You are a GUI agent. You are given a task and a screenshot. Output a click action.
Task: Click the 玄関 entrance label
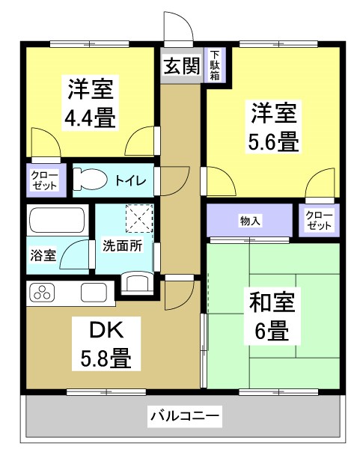point(182,66)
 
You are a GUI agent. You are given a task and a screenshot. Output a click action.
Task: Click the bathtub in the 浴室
point(56,222)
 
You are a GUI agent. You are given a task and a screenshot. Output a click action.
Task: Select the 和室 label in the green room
point(274,303)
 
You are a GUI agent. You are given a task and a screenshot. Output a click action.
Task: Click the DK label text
point(106,330)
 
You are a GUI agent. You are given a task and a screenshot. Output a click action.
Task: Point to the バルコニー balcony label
point(184,414)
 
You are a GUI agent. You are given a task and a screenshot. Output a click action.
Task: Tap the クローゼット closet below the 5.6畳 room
point(319,220)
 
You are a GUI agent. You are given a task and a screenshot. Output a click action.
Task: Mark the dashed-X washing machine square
point(139,218)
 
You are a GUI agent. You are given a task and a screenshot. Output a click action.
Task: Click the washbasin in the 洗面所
point(138,282)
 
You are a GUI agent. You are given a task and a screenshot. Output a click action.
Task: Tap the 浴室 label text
point(43,255)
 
